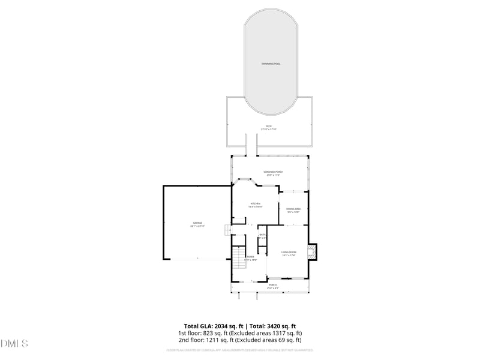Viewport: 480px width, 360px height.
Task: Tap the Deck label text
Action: (268, 127)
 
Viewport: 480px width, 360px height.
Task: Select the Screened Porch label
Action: (273, 172)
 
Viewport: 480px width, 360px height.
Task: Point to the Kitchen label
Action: (256, 204)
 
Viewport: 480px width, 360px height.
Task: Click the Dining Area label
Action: (293, 209)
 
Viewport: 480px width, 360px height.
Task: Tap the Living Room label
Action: (289, 252)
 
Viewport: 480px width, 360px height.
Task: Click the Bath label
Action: (262, 235)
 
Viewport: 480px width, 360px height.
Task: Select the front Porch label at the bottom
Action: (272, 284)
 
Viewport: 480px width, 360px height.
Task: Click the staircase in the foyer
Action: (239, 259)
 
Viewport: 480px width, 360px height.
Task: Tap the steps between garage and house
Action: (227, 229)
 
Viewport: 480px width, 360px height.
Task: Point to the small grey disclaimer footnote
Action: (239, 350)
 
